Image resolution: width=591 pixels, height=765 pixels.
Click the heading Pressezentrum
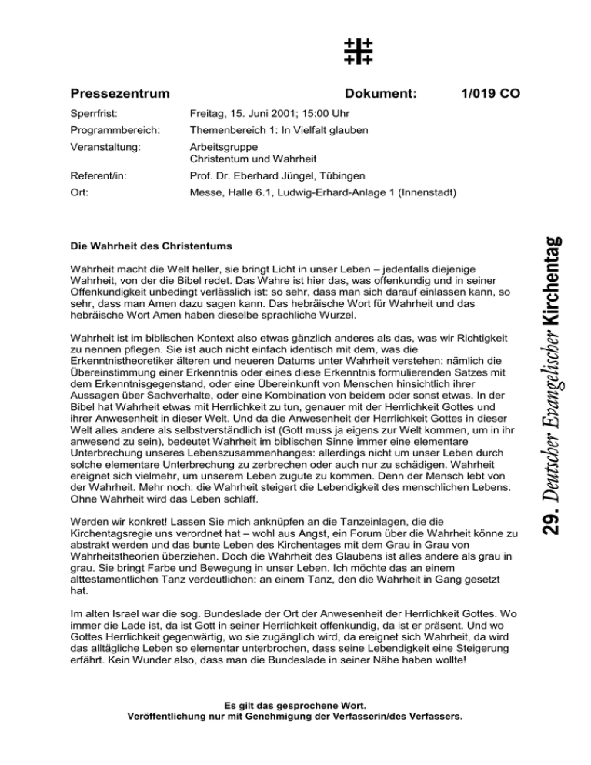[120, 94]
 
